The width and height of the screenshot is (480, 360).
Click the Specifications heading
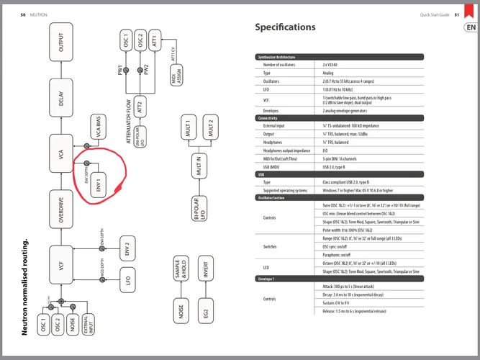[285, 27]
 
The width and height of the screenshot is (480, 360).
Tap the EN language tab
[470, 28]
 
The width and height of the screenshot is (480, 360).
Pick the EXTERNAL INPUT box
[87, 325]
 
